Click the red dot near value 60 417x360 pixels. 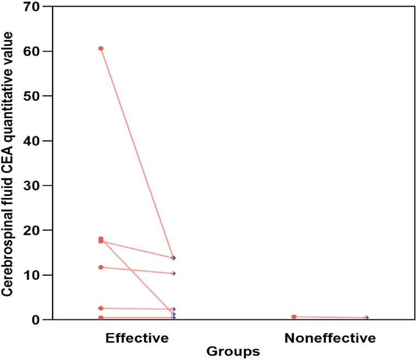click(101, 49)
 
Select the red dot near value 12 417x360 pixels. click(101, 267)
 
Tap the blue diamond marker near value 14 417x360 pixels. click(173, 258)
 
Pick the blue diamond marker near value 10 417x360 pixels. click(173, 273)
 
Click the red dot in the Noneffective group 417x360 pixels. click(294, 317)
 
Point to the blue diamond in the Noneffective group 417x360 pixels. click(367, 318)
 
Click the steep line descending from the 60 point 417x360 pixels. click(137, 153)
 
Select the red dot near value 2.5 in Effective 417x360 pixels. click(101, 308)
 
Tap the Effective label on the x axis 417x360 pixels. click(137, 338)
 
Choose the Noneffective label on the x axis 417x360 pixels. click(330, 338)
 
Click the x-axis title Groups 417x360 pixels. click(233, 351)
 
